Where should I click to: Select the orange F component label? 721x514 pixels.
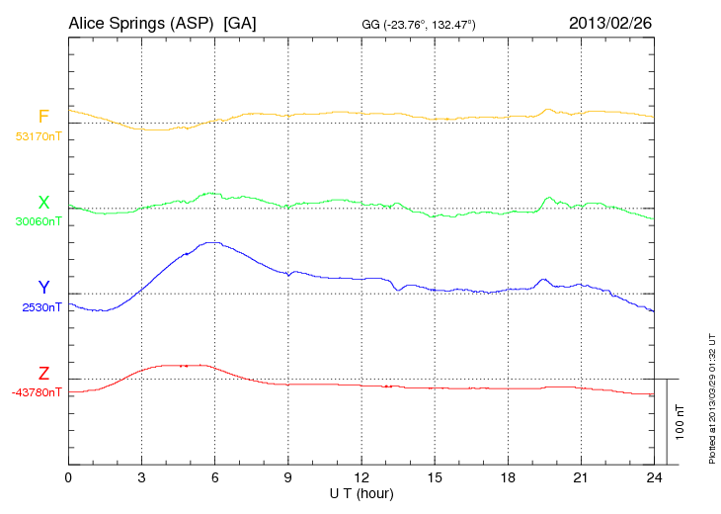point(43,118)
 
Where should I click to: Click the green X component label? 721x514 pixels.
point(43,203)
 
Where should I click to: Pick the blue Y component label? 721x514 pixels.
point(43,288)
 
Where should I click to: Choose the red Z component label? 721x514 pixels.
point(43,373)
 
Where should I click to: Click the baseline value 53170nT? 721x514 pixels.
point(38,136)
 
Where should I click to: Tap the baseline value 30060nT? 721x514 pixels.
point(38,221)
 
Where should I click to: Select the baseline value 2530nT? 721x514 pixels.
point(41,306)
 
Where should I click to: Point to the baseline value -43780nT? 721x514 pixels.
point(37,391)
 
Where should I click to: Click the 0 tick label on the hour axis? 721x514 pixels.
point(68,478)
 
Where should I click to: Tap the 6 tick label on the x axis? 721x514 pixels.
point(215,478)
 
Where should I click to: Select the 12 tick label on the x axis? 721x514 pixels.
point(361,478)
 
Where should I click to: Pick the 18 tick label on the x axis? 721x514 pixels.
point(509,478)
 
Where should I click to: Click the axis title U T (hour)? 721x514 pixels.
point(361,493)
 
